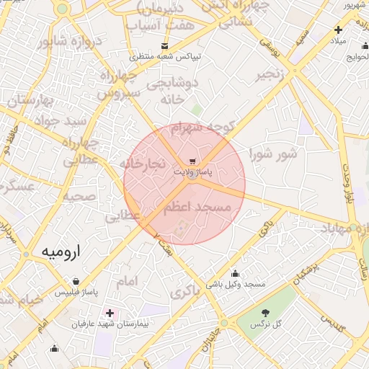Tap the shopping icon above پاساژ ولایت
click(192, 161)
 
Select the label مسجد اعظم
click(196, 207)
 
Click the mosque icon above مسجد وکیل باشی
click(235, 273)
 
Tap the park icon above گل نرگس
click(265, 312)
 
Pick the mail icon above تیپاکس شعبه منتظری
click(166, 45)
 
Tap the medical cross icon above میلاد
click(338, 30)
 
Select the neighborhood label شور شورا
click(273, 154)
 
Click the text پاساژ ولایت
click(192, 173)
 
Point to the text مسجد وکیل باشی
click(236, 285)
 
